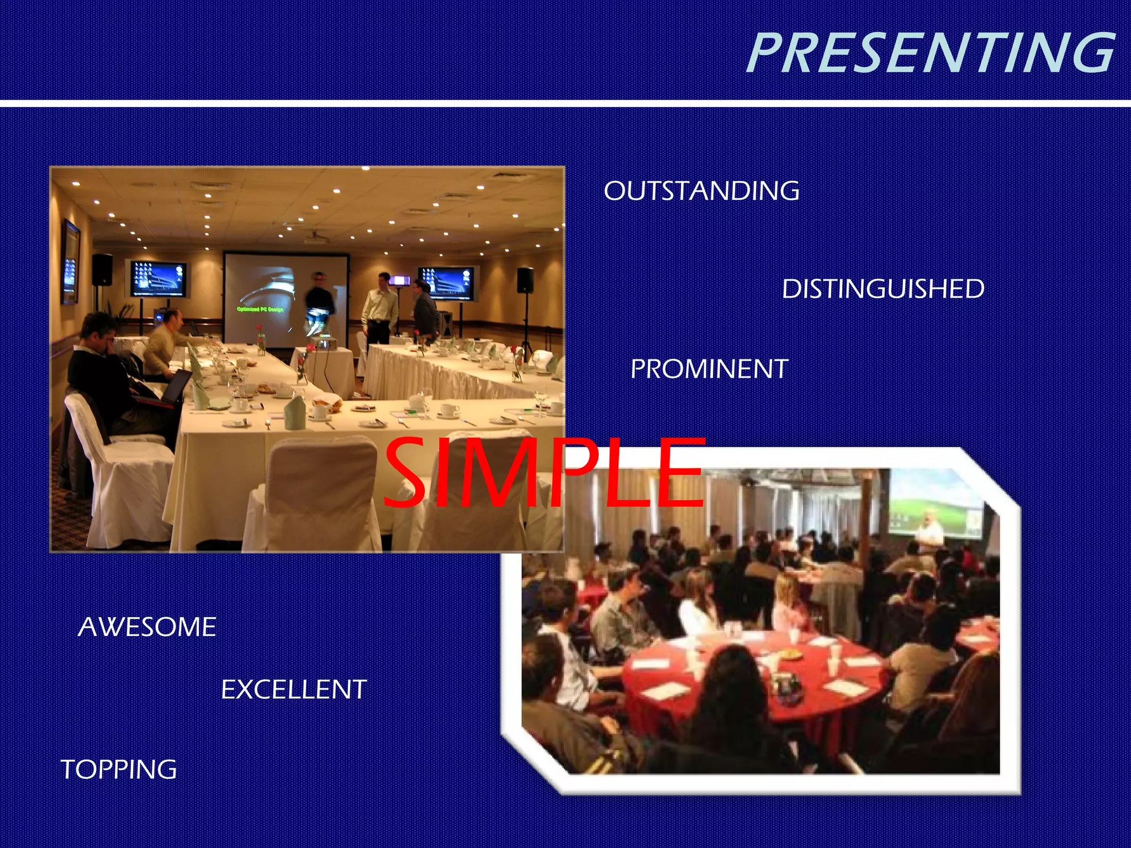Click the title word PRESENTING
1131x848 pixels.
(931, 53)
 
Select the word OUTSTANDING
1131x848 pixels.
(701, 191)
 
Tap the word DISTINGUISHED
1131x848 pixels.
(882, 289)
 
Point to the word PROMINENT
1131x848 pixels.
(709, 369)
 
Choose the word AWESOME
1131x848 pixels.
(147, 627)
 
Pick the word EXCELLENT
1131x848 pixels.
(294, 690)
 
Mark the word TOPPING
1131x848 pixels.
(119, 769)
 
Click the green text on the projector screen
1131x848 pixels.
(260, 309)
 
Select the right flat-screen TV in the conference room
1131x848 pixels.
(446, 283)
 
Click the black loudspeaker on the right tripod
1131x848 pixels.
(525, 280)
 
